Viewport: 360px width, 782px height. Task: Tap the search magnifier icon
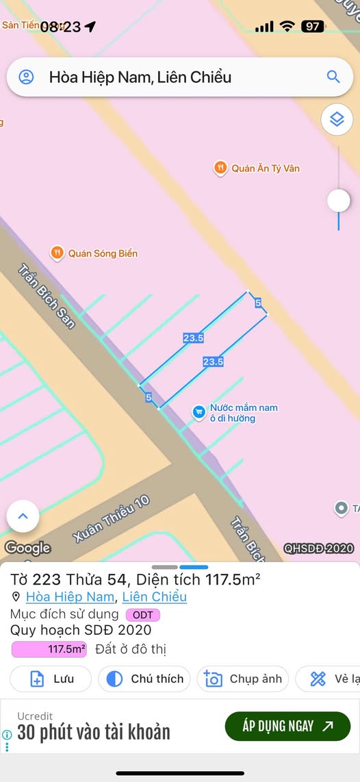tap(333, 77)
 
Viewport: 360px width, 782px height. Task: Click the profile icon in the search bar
tap(26, 77)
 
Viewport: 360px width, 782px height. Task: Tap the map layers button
tap(337, 120)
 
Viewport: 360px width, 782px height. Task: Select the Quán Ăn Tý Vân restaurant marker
tap(220, 168)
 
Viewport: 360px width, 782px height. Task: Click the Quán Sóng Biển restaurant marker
tap(57, 253)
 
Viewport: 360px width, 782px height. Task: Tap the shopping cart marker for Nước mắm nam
tap(198, 411)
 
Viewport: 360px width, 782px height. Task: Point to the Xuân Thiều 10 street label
tap(112, 519)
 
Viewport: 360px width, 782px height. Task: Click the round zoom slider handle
tap(338, 201)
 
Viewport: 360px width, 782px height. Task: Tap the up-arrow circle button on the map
tap(23, 516)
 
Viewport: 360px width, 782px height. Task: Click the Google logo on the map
tap(27, 548)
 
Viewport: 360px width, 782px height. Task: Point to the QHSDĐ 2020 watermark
tap(318, 548)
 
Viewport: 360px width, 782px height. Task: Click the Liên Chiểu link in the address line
tap(155, 597)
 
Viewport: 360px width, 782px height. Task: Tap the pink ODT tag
tap(142, 615)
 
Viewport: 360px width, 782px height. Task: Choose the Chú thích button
tap(146, 679)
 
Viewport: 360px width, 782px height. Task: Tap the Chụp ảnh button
tap(243, 679)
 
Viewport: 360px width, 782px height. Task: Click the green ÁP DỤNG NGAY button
tap(287, 727)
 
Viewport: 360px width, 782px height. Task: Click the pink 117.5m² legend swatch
tap(49, 649)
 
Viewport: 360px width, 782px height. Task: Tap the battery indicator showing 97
tap(312, 27)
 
